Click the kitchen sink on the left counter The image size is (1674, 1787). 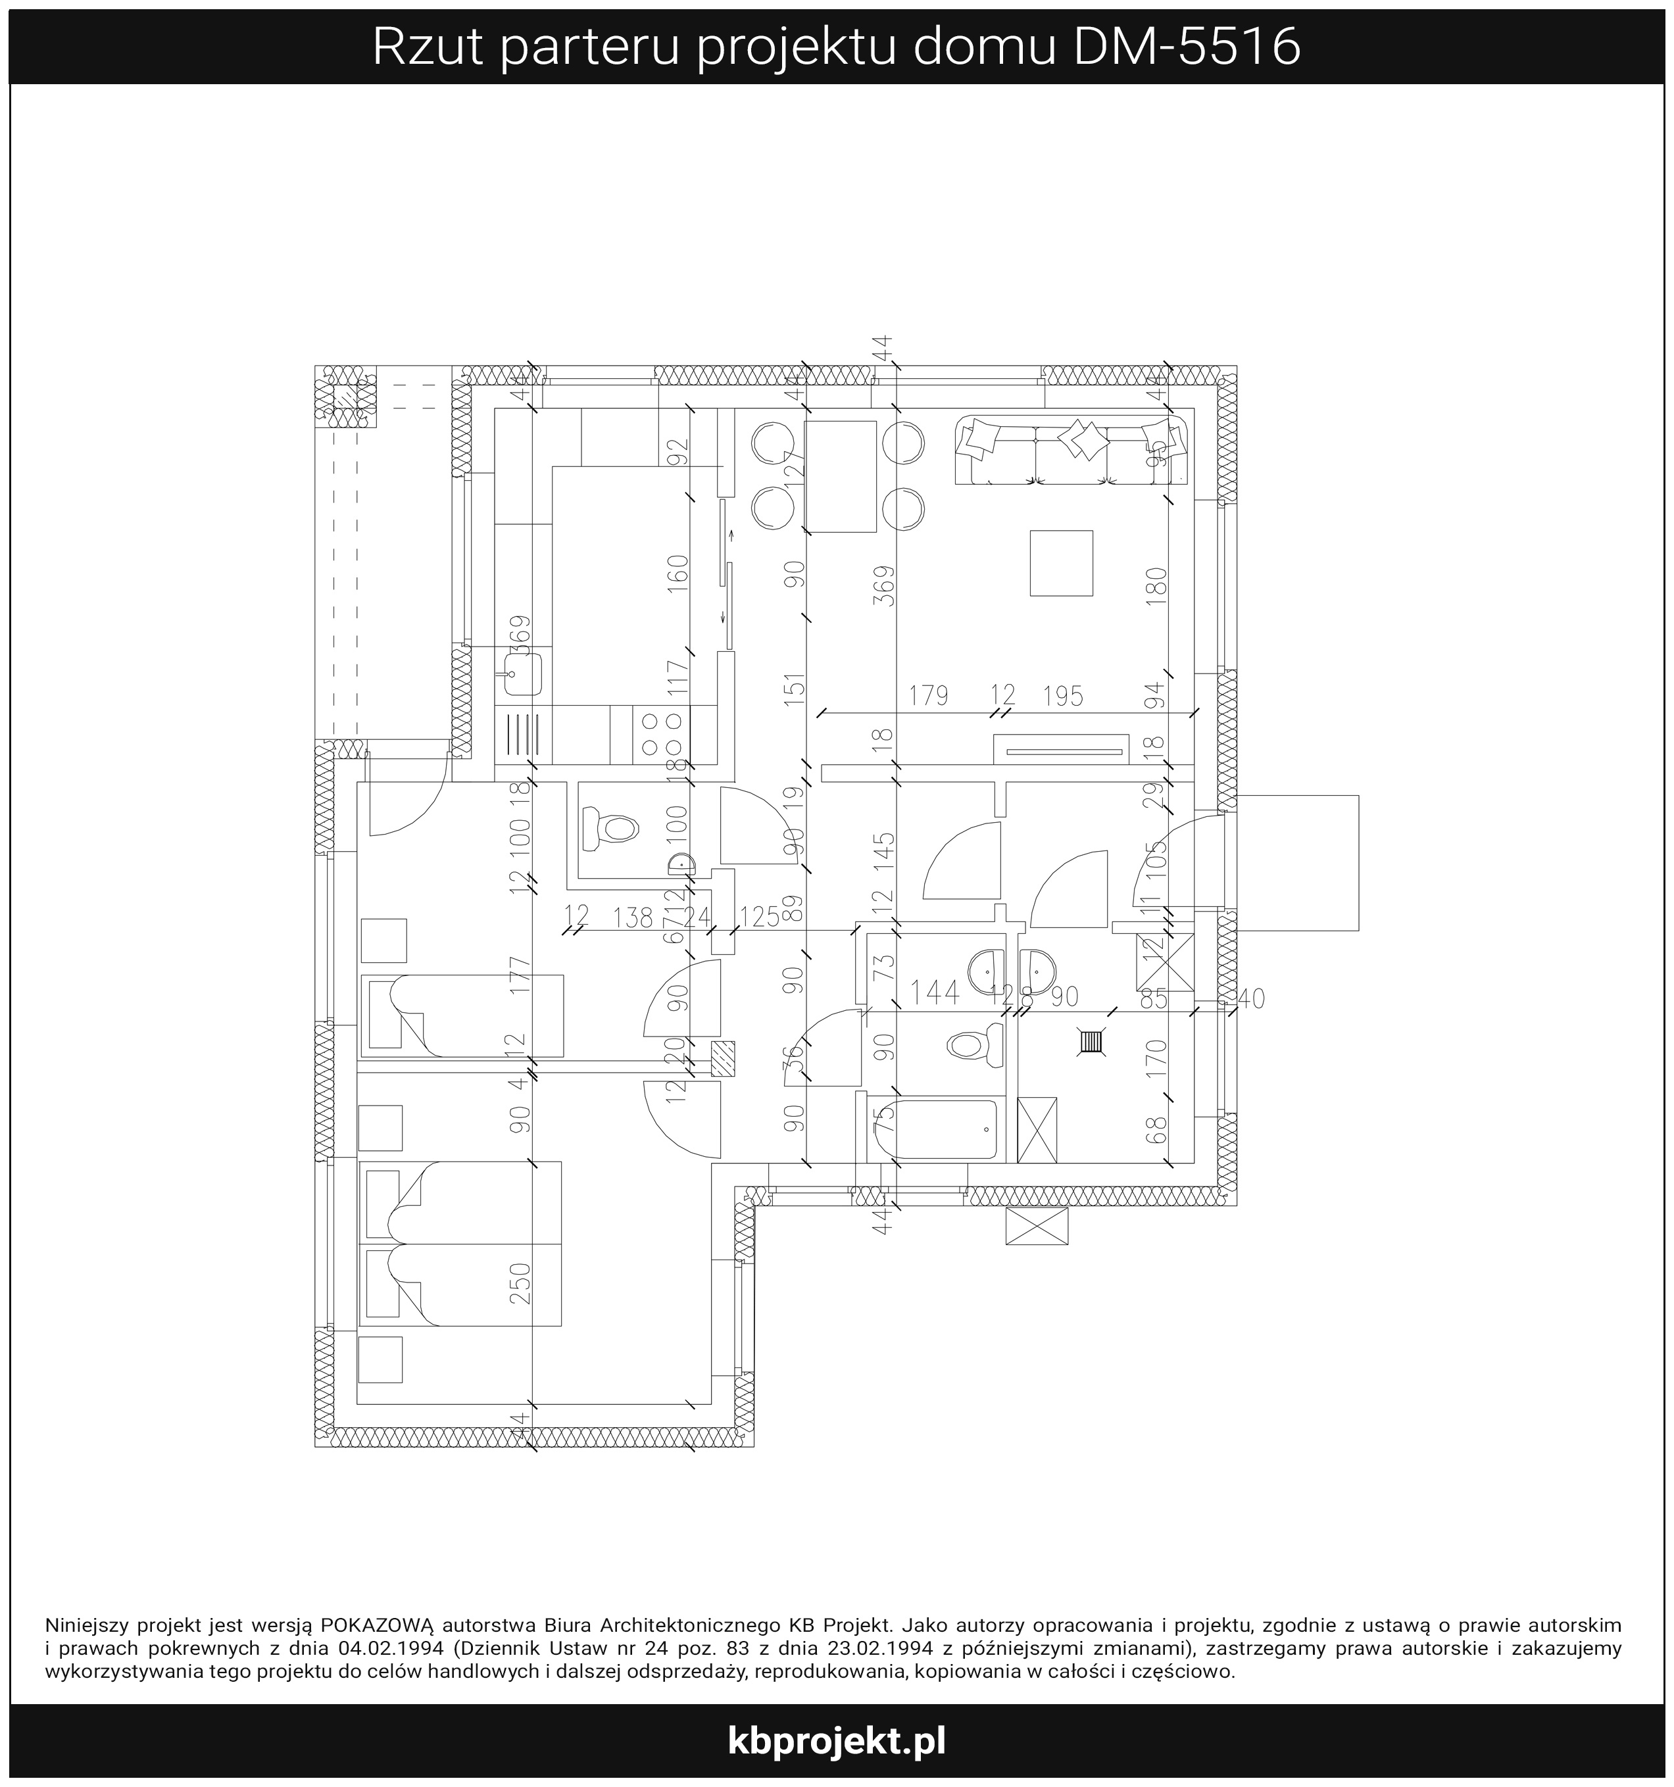pos(522,673)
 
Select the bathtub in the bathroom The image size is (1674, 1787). pos(937,1129)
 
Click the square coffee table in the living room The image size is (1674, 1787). pos(1061,563)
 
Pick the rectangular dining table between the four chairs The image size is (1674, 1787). pos(841,476)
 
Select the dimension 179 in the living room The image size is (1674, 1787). pos(928,696)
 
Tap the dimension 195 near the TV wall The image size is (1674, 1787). pos(1063,696)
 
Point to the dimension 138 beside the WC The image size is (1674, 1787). pos(633,917)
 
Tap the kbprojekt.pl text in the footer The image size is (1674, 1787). pos(836,1740)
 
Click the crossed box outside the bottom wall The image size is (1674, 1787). pos(1037,1226)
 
